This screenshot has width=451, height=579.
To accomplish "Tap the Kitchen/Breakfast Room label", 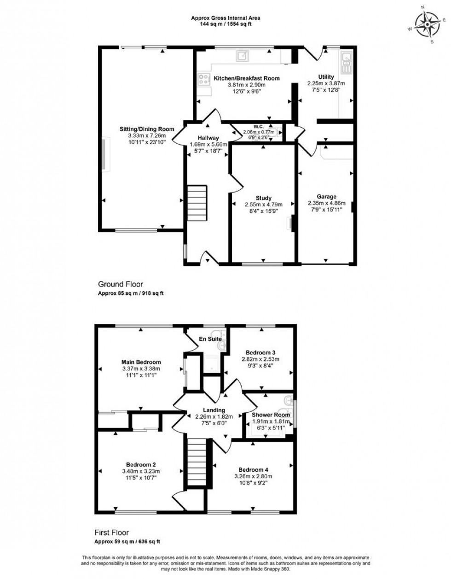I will (x=247, y=78).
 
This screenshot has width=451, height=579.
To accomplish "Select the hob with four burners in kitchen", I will (x=203, y=79).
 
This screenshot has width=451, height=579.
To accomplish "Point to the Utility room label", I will (x=326, y=77).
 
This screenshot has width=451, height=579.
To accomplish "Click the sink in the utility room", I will (x=346, y=63).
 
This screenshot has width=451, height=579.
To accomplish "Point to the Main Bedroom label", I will (x=141, y=362).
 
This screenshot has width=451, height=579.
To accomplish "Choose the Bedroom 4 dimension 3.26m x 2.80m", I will (x=253, y=477).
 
